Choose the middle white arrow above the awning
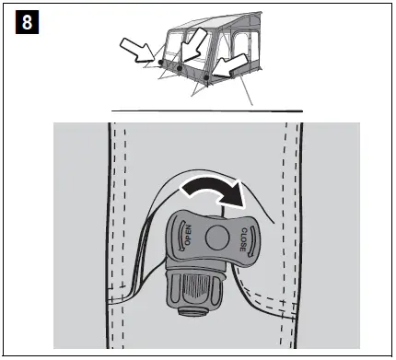196,46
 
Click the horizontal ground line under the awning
206,110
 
